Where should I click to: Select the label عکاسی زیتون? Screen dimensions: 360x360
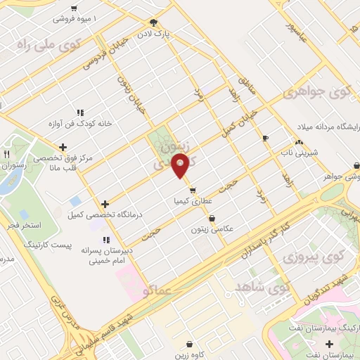(212, 229)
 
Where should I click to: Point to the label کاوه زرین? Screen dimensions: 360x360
(192, 356)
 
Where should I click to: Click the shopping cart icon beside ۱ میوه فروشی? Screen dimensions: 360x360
(74, 8)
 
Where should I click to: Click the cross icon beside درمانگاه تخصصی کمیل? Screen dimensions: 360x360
(105, 204)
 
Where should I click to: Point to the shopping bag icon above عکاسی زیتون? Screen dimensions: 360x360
(212, 219)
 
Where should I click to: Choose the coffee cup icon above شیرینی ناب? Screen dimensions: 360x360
(265, 138)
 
